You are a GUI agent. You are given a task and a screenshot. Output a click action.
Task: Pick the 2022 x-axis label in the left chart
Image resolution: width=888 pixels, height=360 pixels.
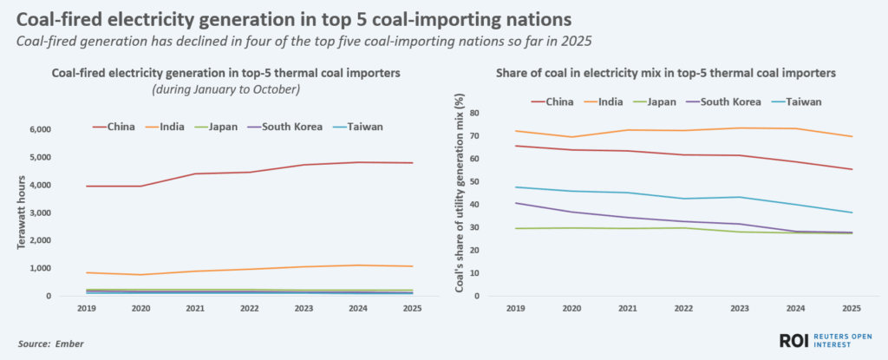tap(251, 307)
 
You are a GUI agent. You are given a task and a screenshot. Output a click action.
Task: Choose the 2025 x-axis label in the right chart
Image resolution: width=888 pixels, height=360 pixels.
tap(851, 307)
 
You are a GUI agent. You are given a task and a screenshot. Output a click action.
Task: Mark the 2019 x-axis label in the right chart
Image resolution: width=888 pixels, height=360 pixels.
tap(515, 307)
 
